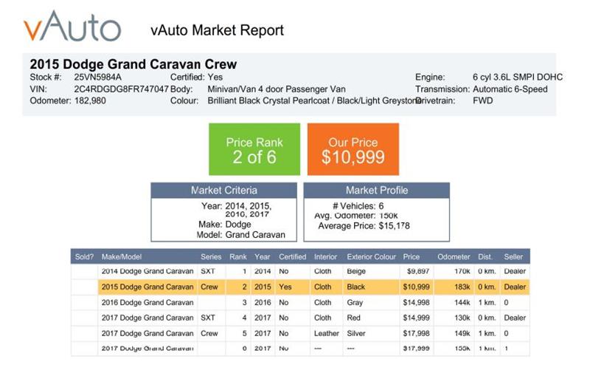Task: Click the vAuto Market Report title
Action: click(x=217, y=30)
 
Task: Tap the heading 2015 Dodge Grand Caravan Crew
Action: click(x=133, y=64)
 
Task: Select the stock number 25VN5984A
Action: click(x=98, y=77)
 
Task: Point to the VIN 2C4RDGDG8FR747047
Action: click(x=122, y=89)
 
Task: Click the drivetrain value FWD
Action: click(x=483, y=100)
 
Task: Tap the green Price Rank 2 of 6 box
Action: click(x=254, y=149)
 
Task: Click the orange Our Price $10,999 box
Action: click(x=353, y=149)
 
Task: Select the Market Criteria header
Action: click(x=224, y=191)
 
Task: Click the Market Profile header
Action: click(x=376, y=191)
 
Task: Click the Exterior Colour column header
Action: click(x=371, y=257)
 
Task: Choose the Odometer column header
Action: click(x=454, y=257)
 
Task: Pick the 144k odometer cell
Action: click(x=461, y=302)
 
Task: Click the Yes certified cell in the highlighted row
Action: click(x=286, y=287)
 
